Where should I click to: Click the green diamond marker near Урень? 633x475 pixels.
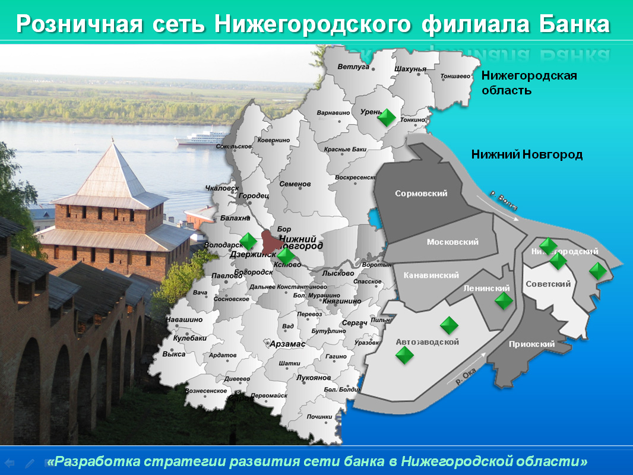[387, 117]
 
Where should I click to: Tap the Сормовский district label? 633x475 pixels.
[420, 194]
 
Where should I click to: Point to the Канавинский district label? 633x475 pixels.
[431, 275]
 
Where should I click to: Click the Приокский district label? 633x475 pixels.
[532, 344]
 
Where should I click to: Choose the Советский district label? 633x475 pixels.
[548, 284]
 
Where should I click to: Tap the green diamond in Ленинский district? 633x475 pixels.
[504, 300]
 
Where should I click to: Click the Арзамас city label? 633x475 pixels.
[287, 344]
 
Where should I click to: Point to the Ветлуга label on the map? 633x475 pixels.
[353, 66]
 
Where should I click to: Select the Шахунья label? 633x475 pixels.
[410, 69]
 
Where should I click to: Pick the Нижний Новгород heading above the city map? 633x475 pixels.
[527, 155]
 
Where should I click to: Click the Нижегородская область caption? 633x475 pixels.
[528, 83]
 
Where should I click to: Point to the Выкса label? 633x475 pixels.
[174, 354]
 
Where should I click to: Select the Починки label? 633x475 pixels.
[321, 416]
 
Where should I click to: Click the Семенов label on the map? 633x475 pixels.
[295, 184]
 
